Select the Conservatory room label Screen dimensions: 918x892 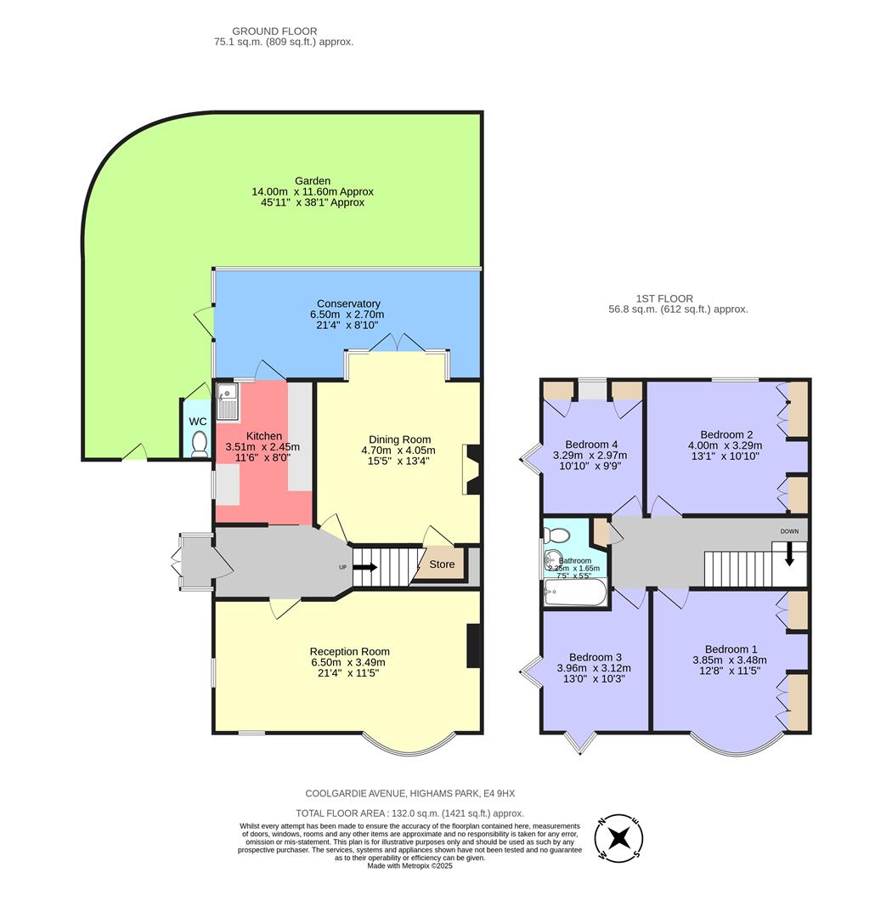click(x=348, y=303)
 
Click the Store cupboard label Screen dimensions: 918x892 click(x=441, y=564)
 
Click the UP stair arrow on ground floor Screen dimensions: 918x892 click(x=365, y=567)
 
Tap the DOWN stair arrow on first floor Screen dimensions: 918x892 click(x=789, y=552)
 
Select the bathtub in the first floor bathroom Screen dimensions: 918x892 click(x=576, y=594)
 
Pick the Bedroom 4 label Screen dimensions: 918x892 click(x=591, y=445)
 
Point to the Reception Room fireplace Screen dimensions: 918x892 click(x=473, y=646)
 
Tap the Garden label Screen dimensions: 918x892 click(x=313, y=181)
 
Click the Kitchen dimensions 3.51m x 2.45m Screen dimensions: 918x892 click(x=262, y=447)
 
